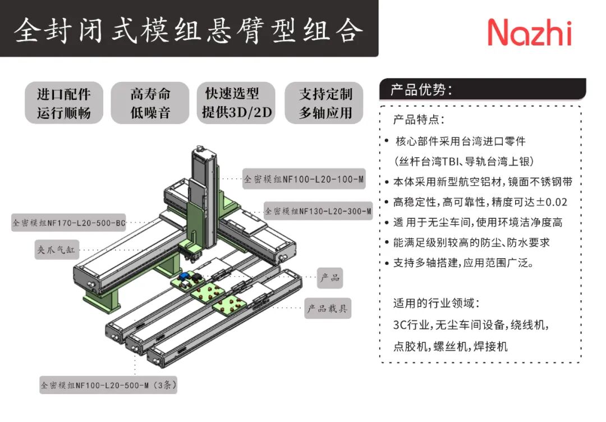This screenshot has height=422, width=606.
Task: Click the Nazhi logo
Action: [x=529, y=32]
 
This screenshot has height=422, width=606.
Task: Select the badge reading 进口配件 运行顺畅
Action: [x=63, y=103]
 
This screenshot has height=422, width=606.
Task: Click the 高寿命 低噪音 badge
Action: [x=150, y=103]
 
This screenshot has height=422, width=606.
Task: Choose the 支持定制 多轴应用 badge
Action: [x=325, y=103]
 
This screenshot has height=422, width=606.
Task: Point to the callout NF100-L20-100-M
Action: [x=304, y=180]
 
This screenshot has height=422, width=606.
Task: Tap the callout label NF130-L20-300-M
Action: [x=318, y=212]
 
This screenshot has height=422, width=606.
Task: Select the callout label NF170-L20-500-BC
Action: [x=68, y=223]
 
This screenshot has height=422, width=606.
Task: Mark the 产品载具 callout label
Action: [x=328, y=308]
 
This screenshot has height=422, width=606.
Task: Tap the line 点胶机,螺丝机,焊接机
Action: [x=450, y=346]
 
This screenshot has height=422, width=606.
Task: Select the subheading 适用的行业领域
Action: [x=436, y=304]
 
